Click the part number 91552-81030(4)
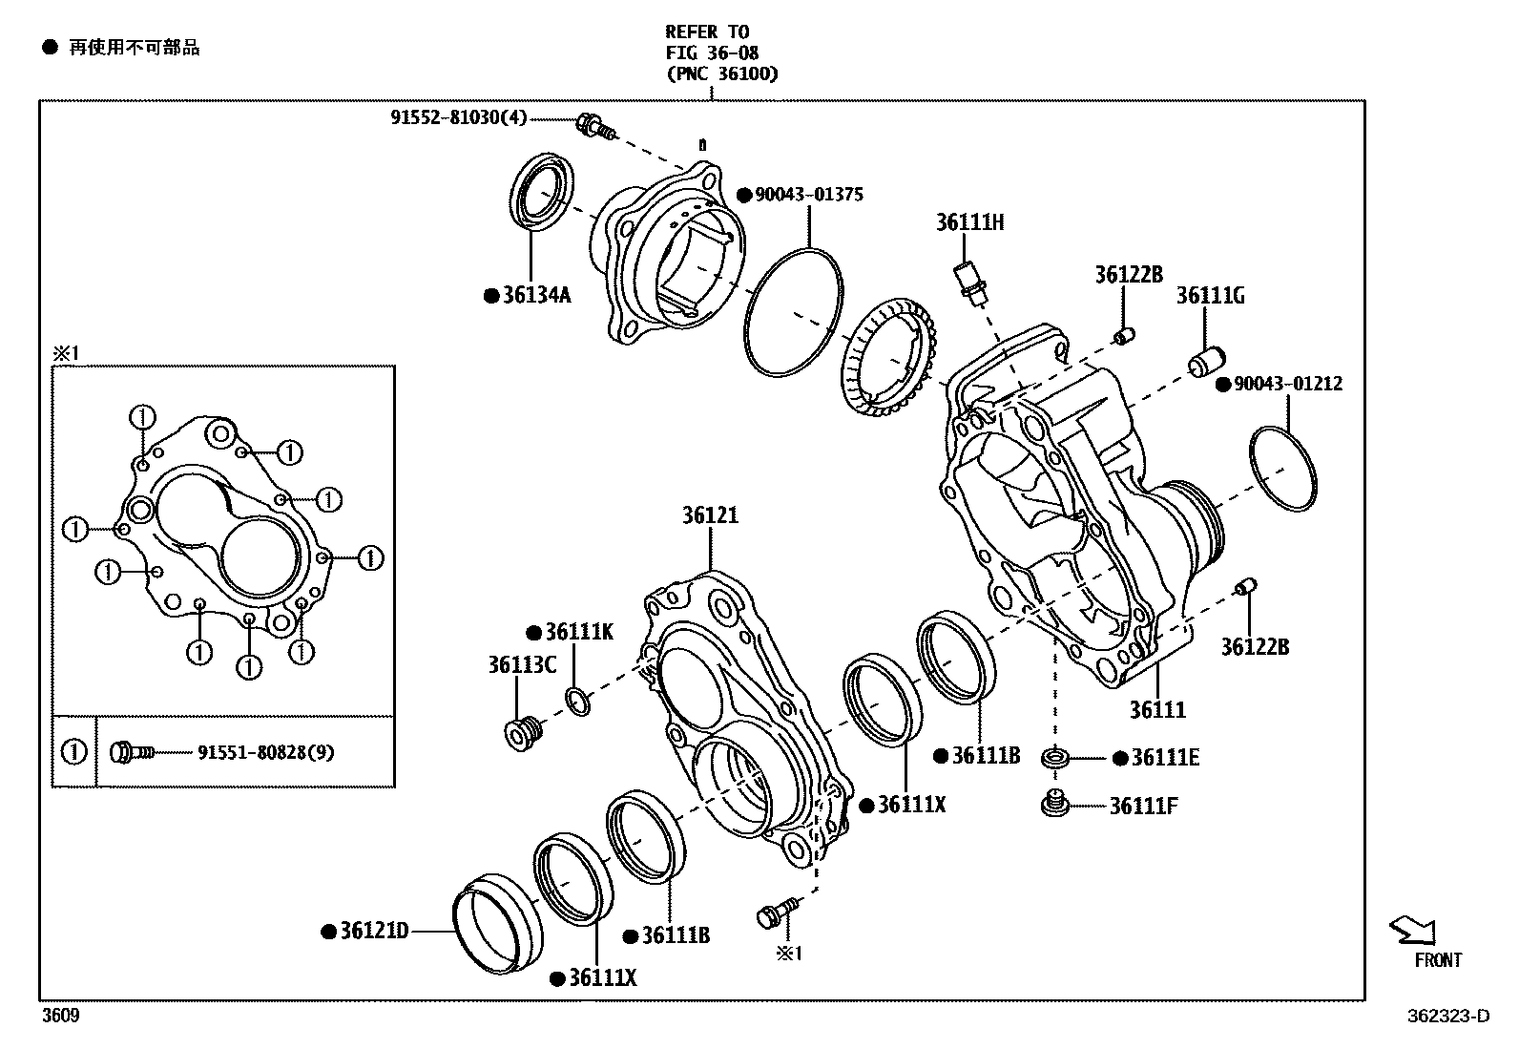458,118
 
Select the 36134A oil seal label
536,296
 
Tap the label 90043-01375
808,195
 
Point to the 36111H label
969,223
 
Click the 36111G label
1210,296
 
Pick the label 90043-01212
1287,385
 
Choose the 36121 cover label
710,516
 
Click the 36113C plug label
522,665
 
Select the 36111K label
579,633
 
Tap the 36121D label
374,931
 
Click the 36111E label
1165,758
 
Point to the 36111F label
1143,807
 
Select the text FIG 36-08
712,53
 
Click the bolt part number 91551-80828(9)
265,753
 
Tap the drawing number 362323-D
1446,1017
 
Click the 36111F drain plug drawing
1054,805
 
